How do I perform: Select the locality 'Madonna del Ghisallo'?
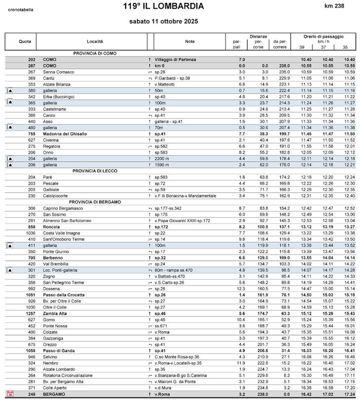65,133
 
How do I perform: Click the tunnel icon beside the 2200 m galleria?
10,159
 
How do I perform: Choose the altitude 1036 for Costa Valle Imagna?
31,232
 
